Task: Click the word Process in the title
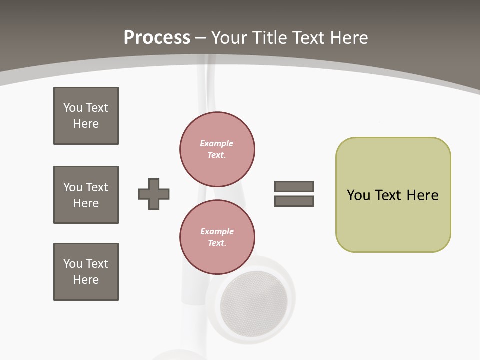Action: (x=157, y=38)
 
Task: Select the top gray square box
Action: (x=86, y=116)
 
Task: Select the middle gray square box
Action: (x=86, y=195)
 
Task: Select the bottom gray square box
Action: (x=86, y=272)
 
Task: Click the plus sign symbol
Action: (x=154, y=194)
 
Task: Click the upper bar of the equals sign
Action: (x=294, y=186)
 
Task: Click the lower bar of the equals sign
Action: (x=294, y=201)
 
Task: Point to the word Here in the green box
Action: (x=422, y=195)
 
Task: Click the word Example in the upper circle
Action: (x=216, y=143)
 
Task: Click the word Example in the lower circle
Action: (x=217, y=231)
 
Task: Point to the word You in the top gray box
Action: (x=73, y=108)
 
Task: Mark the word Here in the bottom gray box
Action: (x=86, y=280)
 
